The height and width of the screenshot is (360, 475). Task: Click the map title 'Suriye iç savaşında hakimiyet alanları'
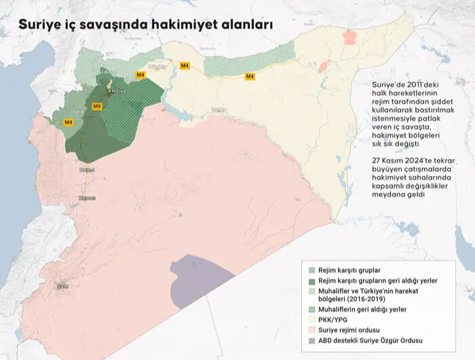pos(146,24)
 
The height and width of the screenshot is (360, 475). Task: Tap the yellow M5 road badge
pos(97,107)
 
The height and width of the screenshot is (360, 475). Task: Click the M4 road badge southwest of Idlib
pos(68,122)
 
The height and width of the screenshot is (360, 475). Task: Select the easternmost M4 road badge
pos(250,76)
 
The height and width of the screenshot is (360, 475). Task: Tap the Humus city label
pos(87,198)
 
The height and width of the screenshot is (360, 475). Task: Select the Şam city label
pos(62,286)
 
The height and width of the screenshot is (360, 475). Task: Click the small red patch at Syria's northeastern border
pos(349,37)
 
